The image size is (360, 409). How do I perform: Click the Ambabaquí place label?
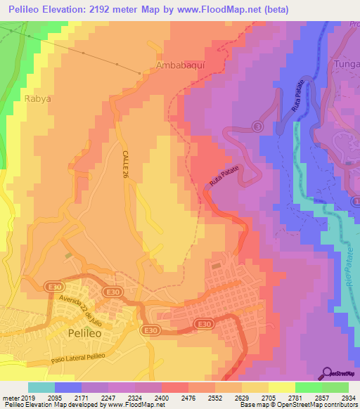pyautogui.click(x=179, y=66)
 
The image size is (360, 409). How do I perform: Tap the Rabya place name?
pyautogui.click(x=37, y=99)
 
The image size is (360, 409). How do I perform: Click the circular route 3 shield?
pyautogui.click(x=257, y=126)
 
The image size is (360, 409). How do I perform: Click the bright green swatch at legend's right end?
pyautogui.click(x=335, y=387)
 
